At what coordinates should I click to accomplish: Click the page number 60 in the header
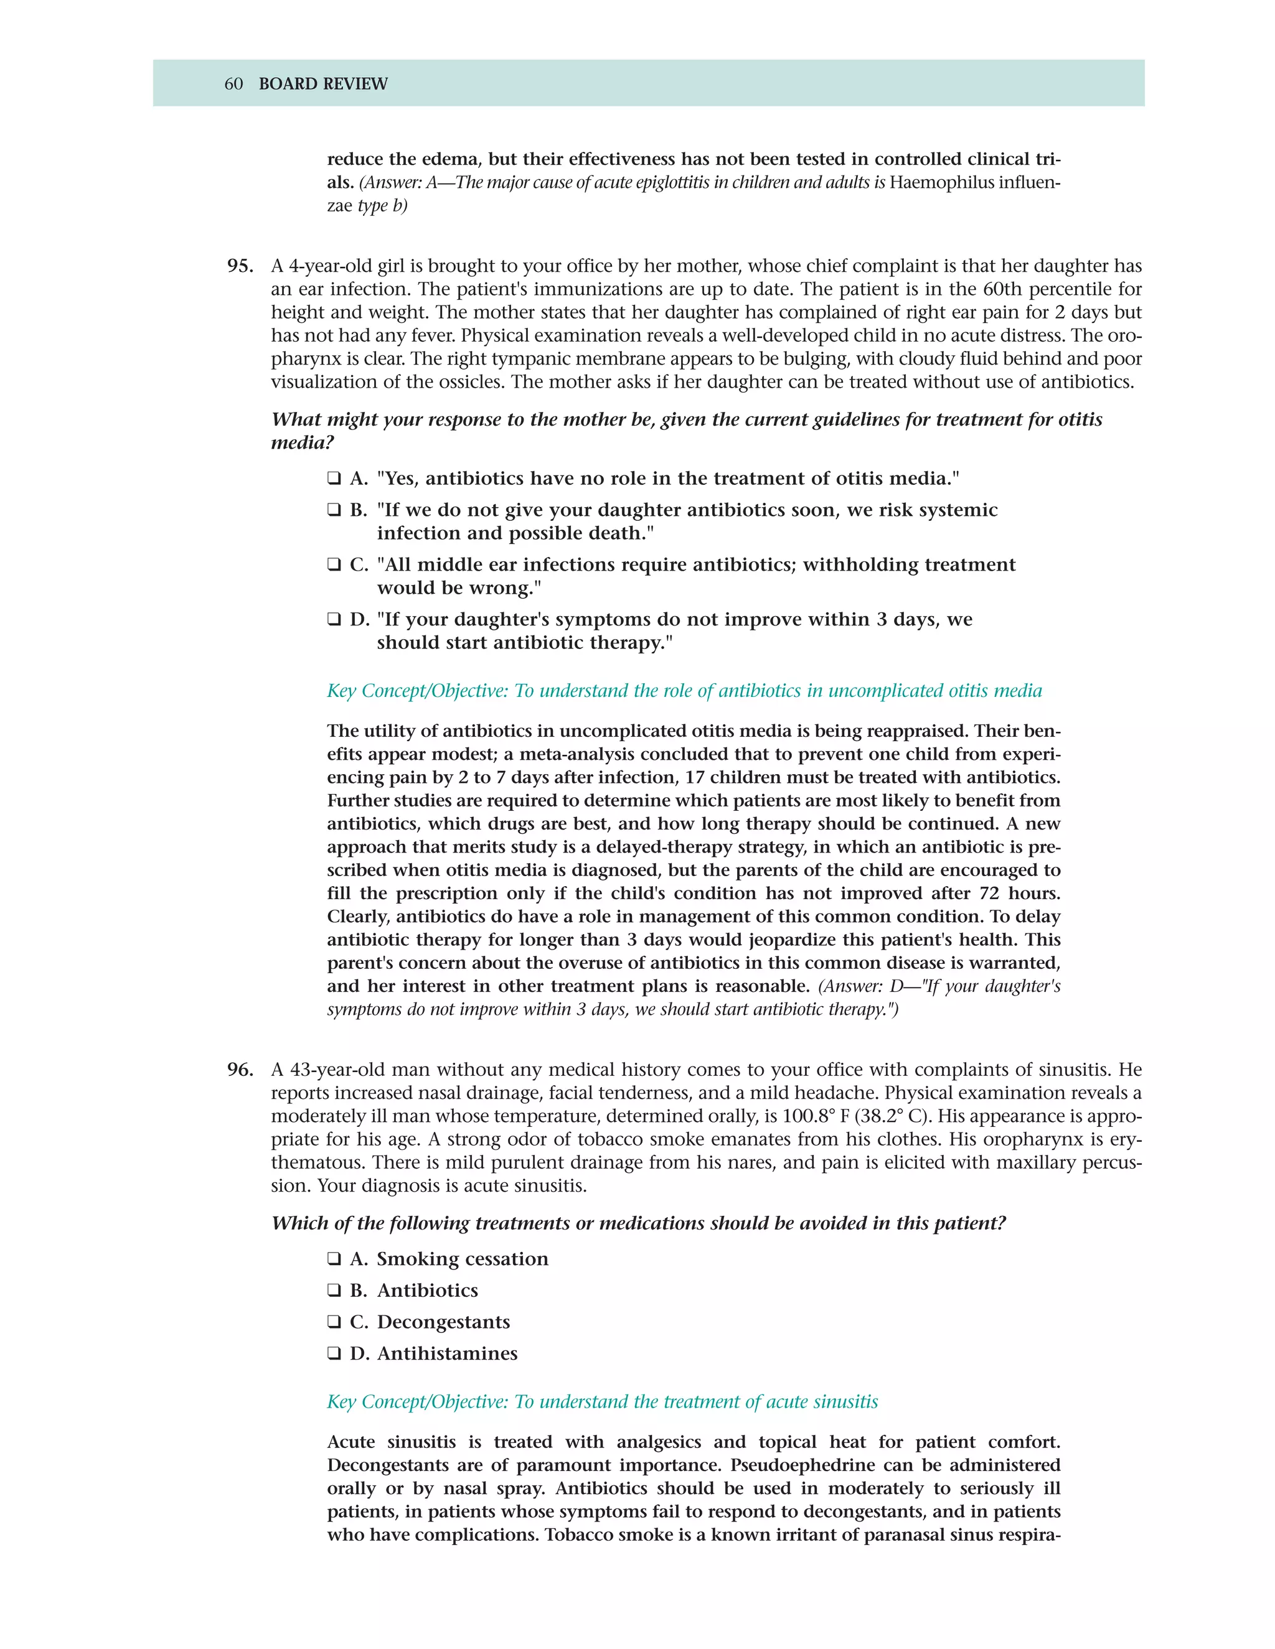click(233, 84)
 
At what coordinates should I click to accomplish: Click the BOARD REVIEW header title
click(322, 84)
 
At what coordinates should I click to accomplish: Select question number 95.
click(240, 266)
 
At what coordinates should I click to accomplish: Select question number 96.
click(240, 1070)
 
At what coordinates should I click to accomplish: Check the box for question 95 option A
click(334, 479)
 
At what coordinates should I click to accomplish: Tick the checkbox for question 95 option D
click(334, 620)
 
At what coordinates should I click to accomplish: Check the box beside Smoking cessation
click(334, 1259)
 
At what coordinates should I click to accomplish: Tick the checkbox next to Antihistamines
click(334, 1354)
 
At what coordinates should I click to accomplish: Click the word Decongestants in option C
click(443, 1322)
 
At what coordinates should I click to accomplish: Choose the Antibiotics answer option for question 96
click(428, 1291)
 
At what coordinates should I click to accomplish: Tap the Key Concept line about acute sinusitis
click(602, 1402)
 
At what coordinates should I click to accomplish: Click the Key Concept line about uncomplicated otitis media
click(684, 691)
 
